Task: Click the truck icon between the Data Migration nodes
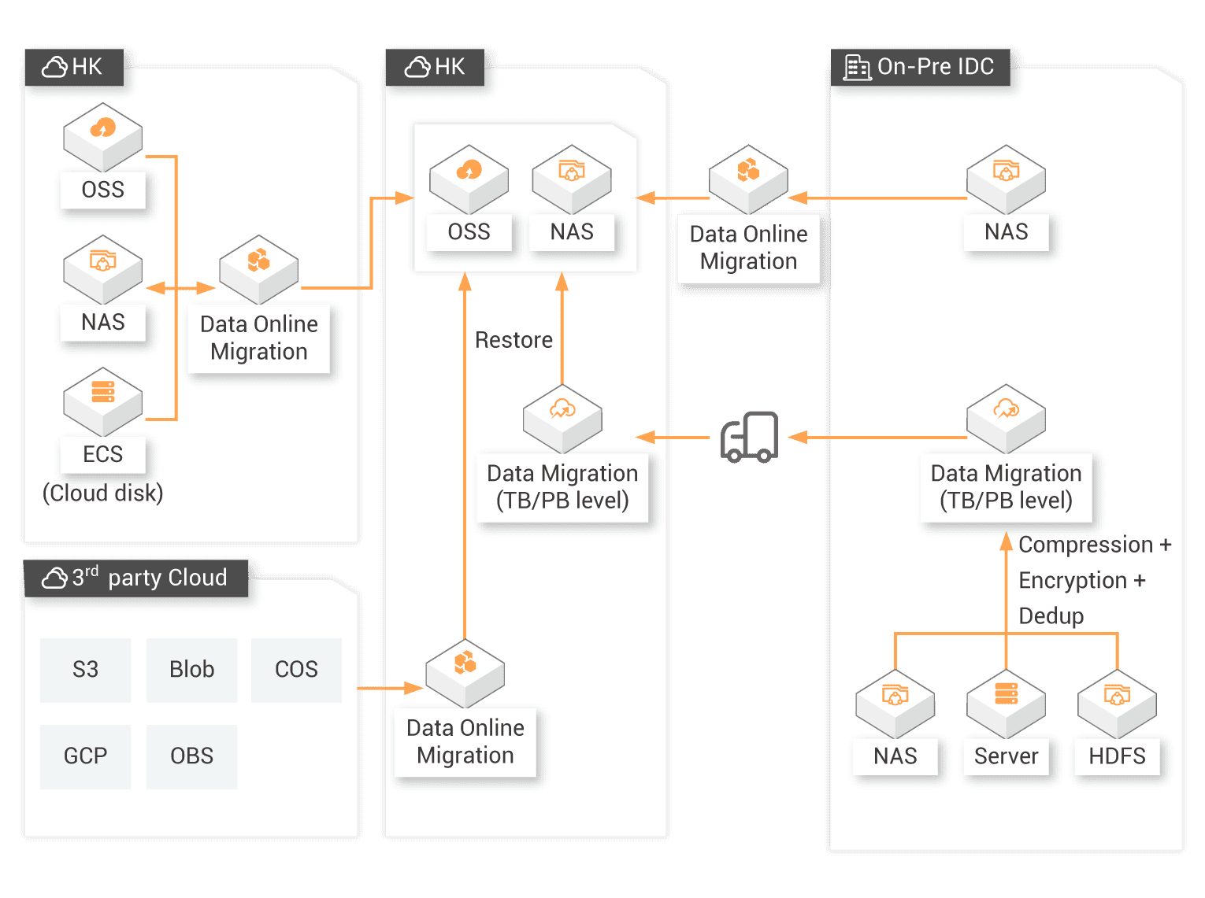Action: pos(750,437)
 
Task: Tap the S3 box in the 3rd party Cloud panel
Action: pos(85,670)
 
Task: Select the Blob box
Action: pos(191,670)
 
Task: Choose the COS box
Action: pos(296,670)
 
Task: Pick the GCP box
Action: pos(85,756)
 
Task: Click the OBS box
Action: pos(191,756)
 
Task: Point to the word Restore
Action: pos(514,340)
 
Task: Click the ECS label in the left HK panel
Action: pos(103,454)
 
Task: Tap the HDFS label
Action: pos(1117,756)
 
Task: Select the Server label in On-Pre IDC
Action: pos(1006,756)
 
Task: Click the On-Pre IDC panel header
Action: pos(921,67)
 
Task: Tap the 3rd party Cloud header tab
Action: pos(136,578)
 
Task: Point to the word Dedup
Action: pos(1051,615)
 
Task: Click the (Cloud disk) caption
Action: pos(103,493)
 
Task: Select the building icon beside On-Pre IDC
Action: pos(856,68)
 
